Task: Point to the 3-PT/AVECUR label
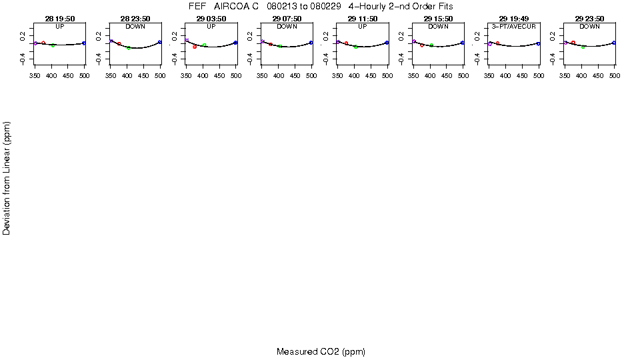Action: (514, 26)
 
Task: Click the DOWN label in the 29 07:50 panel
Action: (287, 26)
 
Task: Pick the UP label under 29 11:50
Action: (363, 26)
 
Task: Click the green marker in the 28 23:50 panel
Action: (129, 48)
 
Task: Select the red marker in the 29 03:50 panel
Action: (195, 47)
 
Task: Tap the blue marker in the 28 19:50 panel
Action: (84, 43)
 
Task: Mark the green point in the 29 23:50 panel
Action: (583, 47)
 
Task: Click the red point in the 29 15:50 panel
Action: (422, 45)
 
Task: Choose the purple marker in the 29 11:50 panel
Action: (339, 42)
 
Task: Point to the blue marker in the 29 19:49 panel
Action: (539, 43)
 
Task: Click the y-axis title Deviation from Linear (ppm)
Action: (7, 177)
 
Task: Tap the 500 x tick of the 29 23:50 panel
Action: (615, 77)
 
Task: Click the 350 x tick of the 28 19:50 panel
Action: (35, 77)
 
